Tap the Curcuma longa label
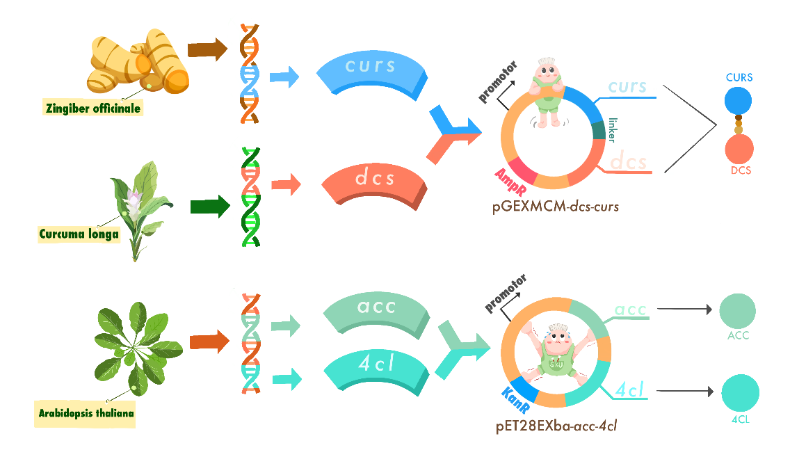coord(79,234)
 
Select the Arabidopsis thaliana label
coord(86,413)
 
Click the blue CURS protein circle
coord(739,101)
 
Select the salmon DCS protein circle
coord(739,148)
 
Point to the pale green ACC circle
coord(737,310)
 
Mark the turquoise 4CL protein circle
coord(739,394)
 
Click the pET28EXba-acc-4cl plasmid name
coord(556,426)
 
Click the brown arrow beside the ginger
coord(207,49)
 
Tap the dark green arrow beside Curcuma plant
coord(210,206)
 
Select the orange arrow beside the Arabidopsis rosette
coord(209,341)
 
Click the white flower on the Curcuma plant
coord(133,202)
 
